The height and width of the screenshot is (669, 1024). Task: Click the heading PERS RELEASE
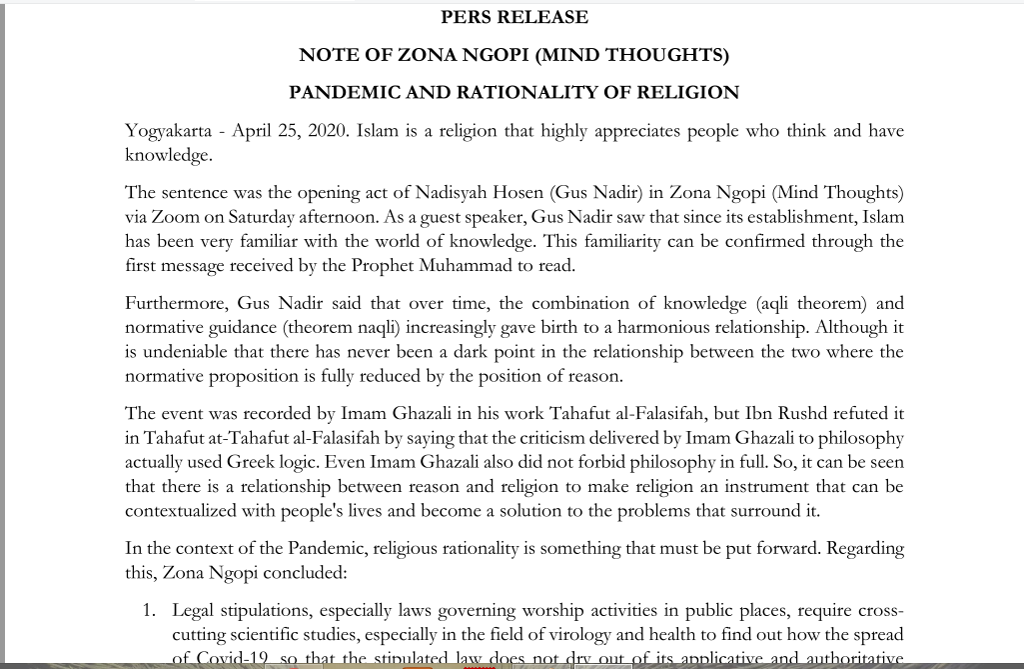[x=514, y=17]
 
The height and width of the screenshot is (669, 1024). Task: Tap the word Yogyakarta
[x=168, y=132]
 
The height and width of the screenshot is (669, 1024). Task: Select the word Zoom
[x=177, y=217]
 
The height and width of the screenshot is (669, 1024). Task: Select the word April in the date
[x=253, y=132]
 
